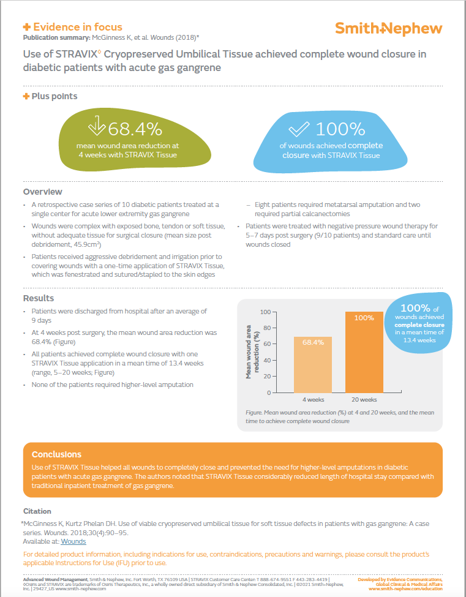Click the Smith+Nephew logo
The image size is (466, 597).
[x=388, y=28]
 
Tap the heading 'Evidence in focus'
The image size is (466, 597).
[x=77, y=27]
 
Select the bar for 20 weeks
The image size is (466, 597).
[x=364, y=352]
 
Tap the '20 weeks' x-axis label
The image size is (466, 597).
[x=364, y=400]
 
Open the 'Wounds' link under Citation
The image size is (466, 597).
[x=73, y=541]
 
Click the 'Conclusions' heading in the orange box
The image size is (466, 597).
[x=56, y=454]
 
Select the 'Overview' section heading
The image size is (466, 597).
[x=42, y=192]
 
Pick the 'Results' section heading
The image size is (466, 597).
[x=39, y=298]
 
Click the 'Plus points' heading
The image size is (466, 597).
[x=54, y=96]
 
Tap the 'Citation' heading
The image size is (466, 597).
[x=37, y=511]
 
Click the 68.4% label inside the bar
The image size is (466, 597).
[x=313, y=342]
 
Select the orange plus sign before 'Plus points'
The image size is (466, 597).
[x=26, y=96]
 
